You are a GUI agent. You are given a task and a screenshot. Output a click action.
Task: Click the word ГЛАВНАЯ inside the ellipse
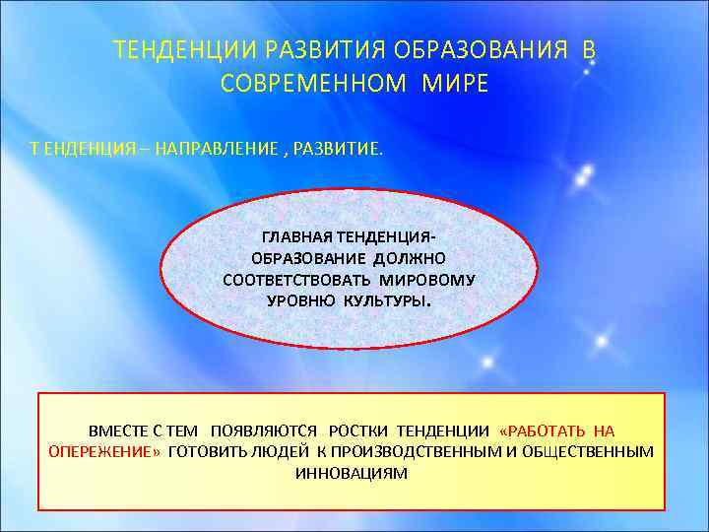tap(297, 237)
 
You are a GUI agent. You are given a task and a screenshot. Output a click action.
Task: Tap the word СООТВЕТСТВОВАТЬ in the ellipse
tap(294, 279)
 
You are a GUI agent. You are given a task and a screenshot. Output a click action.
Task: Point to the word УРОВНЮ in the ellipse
tap(301, 299)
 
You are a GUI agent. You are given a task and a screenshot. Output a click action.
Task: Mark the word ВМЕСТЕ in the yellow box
tap(116, 431)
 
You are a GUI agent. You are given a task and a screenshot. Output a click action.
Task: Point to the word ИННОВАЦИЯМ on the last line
tap(352, 472)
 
